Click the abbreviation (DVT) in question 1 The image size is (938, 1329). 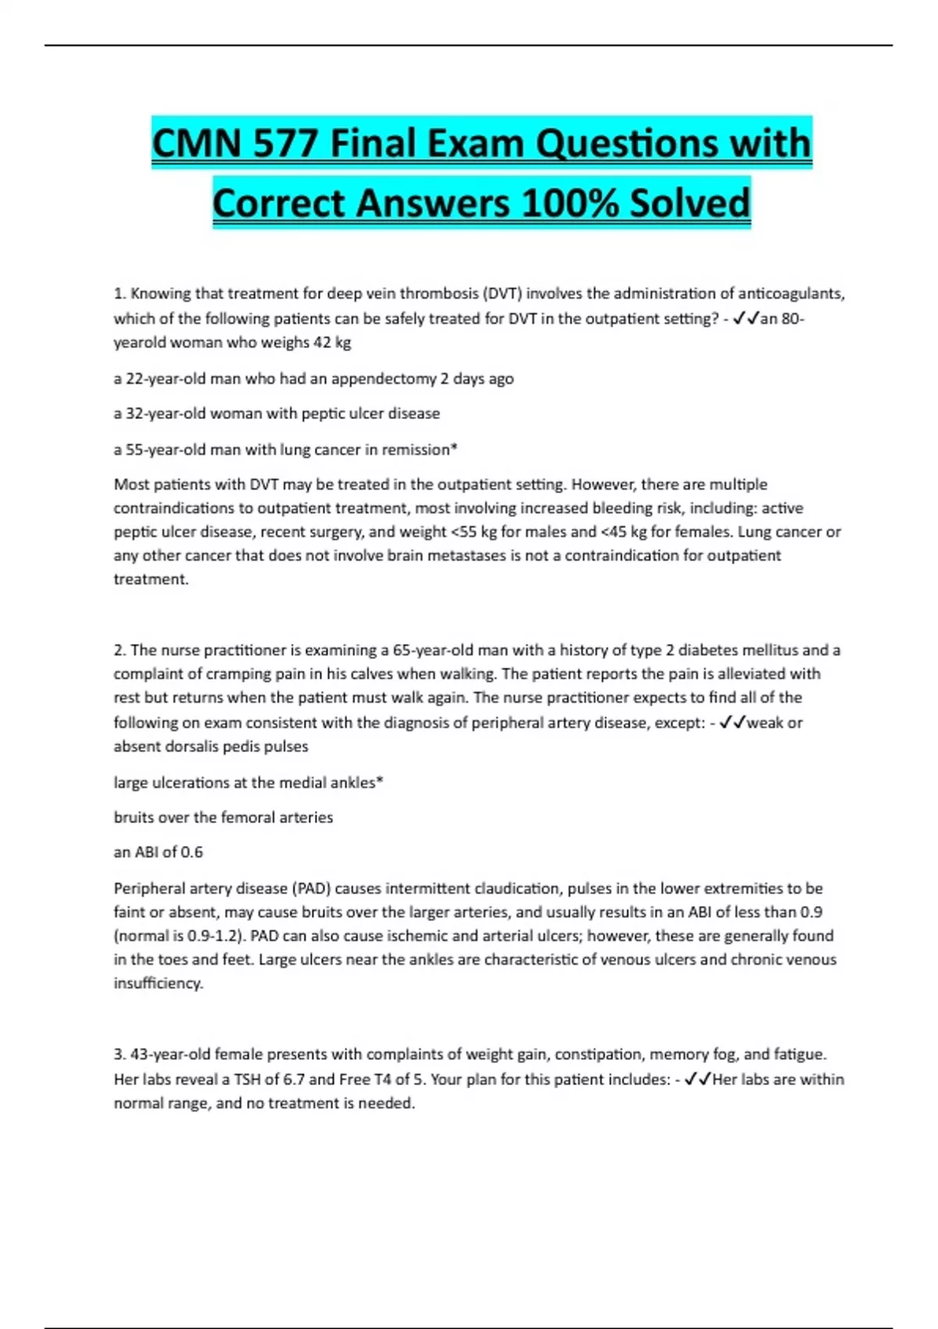503,294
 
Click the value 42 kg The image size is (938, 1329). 332,342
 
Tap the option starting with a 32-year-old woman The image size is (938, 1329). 277,414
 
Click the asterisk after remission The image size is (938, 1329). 454,449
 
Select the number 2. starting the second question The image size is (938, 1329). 120,650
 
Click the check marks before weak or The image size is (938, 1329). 732,722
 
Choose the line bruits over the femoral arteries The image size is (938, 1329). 224,818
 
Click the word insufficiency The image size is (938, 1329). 158,983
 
